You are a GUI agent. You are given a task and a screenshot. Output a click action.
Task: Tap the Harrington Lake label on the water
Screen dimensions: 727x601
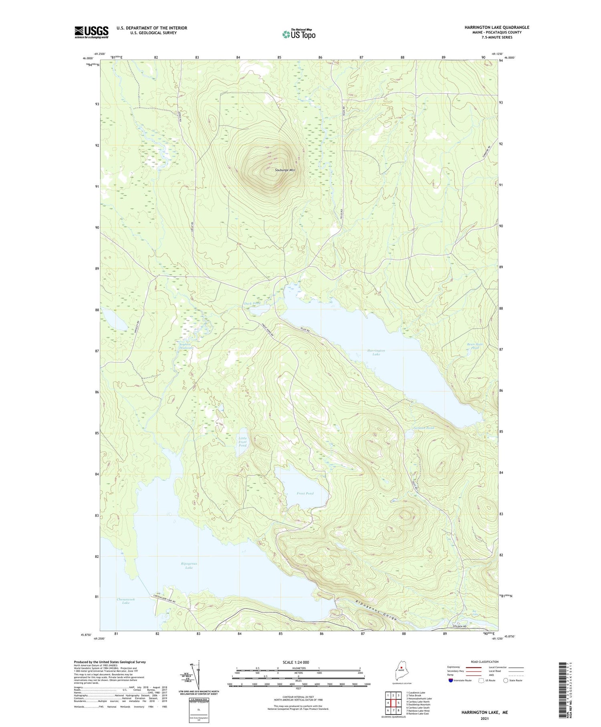376,352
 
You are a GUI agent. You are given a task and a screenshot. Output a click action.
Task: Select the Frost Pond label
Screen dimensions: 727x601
305,493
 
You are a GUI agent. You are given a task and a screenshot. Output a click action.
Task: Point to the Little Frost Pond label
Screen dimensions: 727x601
242,442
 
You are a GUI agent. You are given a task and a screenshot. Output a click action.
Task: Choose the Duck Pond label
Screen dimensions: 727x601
252,303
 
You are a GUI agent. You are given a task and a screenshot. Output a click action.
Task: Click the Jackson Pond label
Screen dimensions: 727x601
424,428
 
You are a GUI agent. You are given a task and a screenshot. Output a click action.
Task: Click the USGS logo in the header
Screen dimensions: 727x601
91,32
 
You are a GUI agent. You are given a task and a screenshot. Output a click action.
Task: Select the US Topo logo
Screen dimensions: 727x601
298,34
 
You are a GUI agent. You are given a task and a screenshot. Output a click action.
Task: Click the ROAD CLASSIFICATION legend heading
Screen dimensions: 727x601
485,662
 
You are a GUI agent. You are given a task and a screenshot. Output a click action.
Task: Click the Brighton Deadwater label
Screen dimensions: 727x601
186,346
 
